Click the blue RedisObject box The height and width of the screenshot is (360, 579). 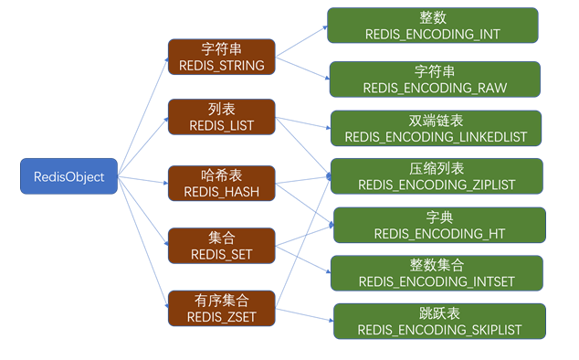[x=69, y=176]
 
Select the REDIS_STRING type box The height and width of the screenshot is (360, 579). [x=220, y=58]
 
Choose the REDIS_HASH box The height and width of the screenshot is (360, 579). [x=220, y=182]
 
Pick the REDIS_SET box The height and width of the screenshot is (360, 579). [x=220, y=245]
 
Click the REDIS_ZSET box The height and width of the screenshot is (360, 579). [x=220, y=308]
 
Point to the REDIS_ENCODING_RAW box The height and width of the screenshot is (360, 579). [x=434, y=79]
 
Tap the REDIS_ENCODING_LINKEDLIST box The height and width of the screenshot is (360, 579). [x=436, y=128]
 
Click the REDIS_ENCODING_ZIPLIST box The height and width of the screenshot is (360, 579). [x=437, y=176]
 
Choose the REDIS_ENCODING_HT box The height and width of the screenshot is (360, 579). [x=439, y=225]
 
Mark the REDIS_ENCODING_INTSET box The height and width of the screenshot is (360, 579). [x=437, y=273]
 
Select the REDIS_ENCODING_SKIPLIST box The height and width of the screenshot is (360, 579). [x=439, y=322]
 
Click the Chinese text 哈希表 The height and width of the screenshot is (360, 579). [x=220, y=175]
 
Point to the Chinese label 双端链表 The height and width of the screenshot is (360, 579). [x=436, y=121]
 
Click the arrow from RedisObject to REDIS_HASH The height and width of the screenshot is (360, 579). [x=143, y=179]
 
